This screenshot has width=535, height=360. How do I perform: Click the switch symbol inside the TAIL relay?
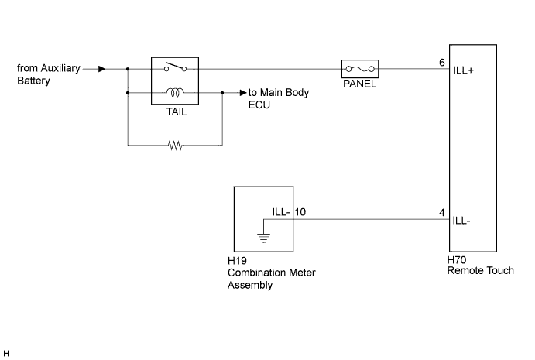coord(176,67)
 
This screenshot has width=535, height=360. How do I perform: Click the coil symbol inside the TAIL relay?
coord(175,92)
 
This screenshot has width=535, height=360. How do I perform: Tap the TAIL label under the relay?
coord(177,112)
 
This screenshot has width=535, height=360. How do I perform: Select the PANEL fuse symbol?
coord(360,69)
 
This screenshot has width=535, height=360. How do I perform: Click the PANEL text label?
coord(359,84)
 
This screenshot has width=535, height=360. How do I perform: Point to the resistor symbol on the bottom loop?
coord(176,146)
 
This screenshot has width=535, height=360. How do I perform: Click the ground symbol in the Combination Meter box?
coord(263,238)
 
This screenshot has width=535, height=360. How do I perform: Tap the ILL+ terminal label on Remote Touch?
coord(463,70)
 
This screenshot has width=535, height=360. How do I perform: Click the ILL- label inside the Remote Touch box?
coord(461,221)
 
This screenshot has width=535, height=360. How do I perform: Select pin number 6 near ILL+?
coord(442,63)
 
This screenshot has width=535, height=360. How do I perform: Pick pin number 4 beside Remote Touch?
coord(442,213)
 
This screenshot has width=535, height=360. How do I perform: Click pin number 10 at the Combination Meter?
coord(300,212)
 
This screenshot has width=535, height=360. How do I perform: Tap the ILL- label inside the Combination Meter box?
coord(281,212)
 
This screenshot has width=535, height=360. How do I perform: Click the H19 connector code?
coord(237,261)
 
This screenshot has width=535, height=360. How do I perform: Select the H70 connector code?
coord(457,260)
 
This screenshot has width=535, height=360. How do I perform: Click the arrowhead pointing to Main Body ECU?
coord(243,92)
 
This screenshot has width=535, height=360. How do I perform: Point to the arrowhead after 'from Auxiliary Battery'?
coord(101,69)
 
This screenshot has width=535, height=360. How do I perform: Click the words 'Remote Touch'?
coord(480,271)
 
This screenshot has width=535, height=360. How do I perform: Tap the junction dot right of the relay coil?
coord(222,92)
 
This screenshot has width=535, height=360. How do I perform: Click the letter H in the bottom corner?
coord(6,354)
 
